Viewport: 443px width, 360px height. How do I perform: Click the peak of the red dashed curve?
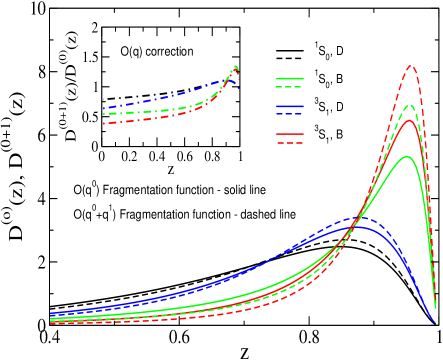[411, 66]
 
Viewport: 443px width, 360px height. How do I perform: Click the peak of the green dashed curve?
[411, 104]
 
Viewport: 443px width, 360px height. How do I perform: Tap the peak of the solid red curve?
[409, 120]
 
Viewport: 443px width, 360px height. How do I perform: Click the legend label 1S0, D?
[330, 50]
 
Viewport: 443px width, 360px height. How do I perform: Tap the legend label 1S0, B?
[330, 79]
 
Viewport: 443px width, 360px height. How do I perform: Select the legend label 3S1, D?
[330, 107]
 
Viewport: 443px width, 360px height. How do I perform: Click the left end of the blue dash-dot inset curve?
[104, 107]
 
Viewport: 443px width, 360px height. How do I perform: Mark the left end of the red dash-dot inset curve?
[104, 123]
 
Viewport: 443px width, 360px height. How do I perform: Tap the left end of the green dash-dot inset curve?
[104, 115]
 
